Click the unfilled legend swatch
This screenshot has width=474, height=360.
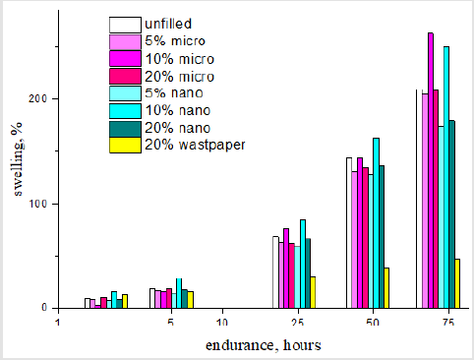pyautogui.click(x=123, y=24)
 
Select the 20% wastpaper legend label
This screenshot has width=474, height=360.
pyautogui.click(x=191, y=145)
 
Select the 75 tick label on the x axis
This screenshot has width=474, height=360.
pyautogui.click(x=447, y=323)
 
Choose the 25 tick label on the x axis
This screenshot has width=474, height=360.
pyautogui.click(x=297, y=323)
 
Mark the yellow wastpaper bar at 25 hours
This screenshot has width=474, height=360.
pyautogui.click(x=313, y=292)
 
